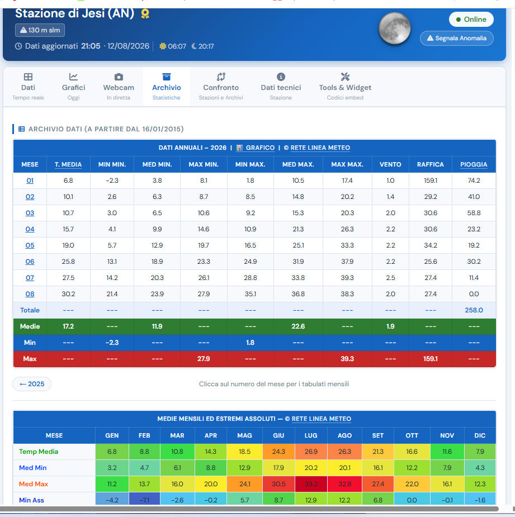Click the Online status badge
[x=471, y=20]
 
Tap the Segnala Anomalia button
[x=457, y=38]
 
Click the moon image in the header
[x=395, y=29]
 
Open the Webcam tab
[x=119, y=87]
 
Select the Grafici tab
[x=74, y=87]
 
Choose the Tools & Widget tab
[x=345, y=87]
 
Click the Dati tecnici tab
[x=281, y=87]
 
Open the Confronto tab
[x=221, y=87]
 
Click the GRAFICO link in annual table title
[x=260, y=148]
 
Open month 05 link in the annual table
[x=30, y=245]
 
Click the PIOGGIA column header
[x=474, y=164]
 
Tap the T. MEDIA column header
[x=68, y=164]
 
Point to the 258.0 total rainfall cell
[x=474, y=310]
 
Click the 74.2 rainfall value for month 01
[x=474, y=181]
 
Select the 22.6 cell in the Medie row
[x=298, y=326]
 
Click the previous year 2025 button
[x=32, y=384]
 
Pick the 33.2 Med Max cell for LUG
[x=311, y=484]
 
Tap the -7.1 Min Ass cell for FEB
[x=144, y=500]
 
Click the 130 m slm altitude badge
[x=40, y=30]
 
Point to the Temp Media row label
[x=39, y=452]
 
